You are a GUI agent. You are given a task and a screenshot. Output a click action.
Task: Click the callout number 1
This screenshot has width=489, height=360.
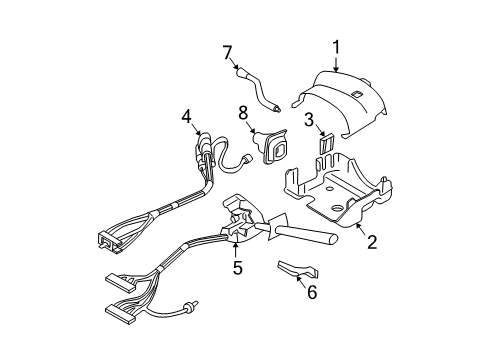337,45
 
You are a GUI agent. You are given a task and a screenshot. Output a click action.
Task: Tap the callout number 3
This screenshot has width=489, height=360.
312,121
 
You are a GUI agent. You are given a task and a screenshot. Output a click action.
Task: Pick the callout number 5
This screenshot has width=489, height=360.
238,267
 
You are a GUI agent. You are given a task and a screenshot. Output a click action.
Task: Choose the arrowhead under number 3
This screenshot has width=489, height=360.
318,136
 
